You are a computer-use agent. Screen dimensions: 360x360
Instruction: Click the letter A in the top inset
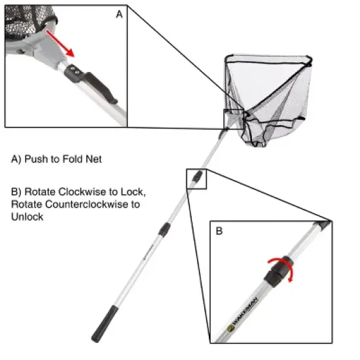coord(118,15)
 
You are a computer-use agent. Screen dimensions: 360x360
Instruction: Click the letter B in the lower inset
coord(219,230)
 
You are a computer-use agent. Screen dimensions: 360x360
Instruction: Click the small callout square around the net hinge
coord(234,120)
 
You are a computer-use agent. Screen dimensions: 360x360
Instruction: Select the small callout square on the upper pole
coord(196,179)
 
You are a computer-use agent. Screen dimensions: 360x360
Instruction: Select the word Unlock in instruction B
coord(27,217)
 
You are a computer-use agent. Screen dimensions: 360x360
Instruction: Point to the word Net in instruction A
coord(88,159)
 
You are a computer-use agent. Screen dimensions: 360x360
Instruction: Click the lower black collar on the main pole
coord(165,228)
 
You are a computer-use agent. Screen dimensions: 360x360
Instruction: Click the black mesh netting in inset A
coord(20,20)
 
